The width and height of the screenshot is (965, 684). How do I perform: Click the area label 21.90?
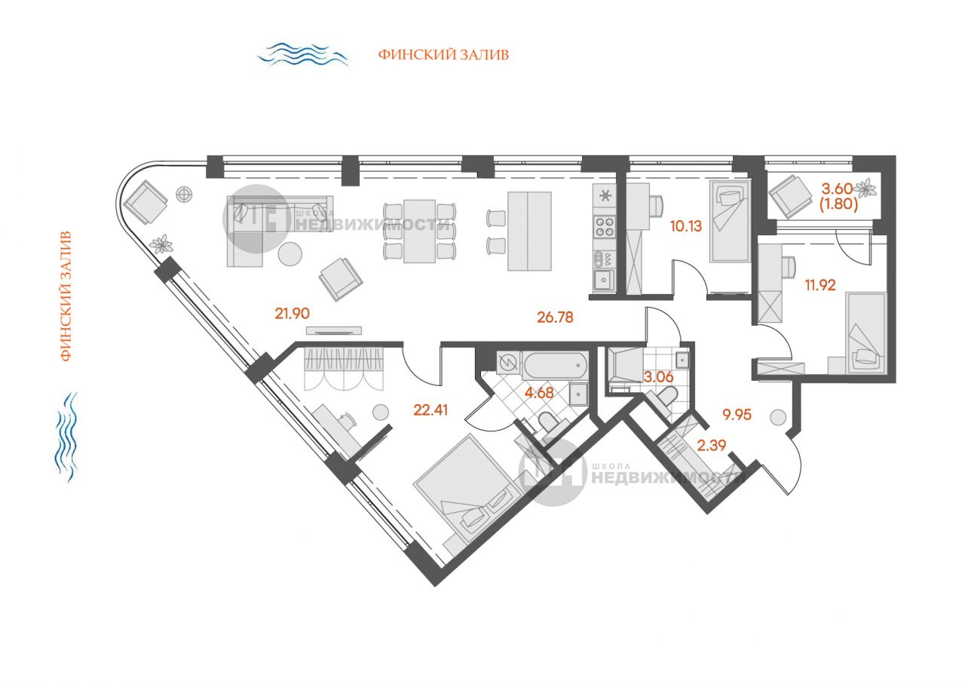(292, 313)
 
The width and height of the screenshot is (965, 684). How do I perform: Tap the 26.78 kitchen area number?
(555, 317)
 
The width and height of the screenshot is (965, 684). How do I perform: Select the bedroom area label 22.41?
(430, 410)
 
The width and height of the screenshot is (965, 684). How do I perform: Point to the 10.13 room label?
(686, 225)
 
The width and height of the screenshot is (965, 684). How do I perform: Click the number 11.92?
(820, 285)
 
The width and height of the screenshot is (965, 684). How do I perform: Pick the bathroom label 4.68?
(539, 393)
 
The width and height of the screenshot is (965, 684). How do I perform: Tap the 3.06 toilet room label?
(658, 377)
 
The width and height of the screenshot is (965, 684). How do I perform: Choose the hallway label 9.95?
(737, 415)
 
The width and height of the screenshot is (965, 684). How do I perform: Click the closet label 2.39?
(712, 445)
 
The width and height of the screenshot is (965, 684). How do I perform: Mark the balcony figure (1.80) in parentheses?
(838, 204)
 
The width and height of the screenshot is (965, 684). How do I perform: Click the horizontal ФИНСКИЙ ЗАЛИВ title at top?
(444, 55)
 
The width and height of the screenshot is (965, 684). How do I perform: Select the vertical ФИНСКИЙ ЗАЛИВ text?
(65, 296)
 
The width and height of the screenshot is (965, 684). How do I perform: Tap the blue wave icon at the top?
(302, 54)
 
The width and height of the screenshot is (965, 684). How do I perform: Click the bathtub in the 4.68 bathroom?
(554, 366)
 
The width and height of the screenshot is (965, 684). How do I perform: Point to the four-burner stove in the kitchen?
(605, 227)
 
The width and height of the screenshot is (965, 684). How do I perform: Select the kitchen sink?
(604, 280)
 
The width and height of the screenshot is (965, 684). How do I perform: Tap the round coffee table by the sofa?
(290, 254)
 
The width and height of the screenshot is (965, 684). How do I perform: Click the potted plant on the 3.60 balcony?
(865, 189)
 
